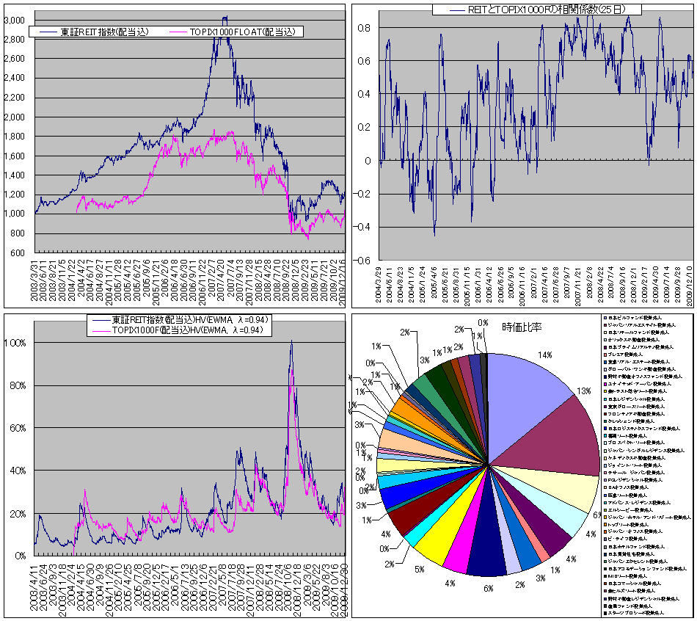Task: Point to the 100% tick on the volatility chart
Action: point(18,343)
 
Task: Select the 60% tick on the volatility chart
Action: point(20,428)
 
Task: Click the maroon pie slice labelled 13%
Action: point(565,440)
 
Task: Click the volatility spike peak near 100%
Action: point(291,341)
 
